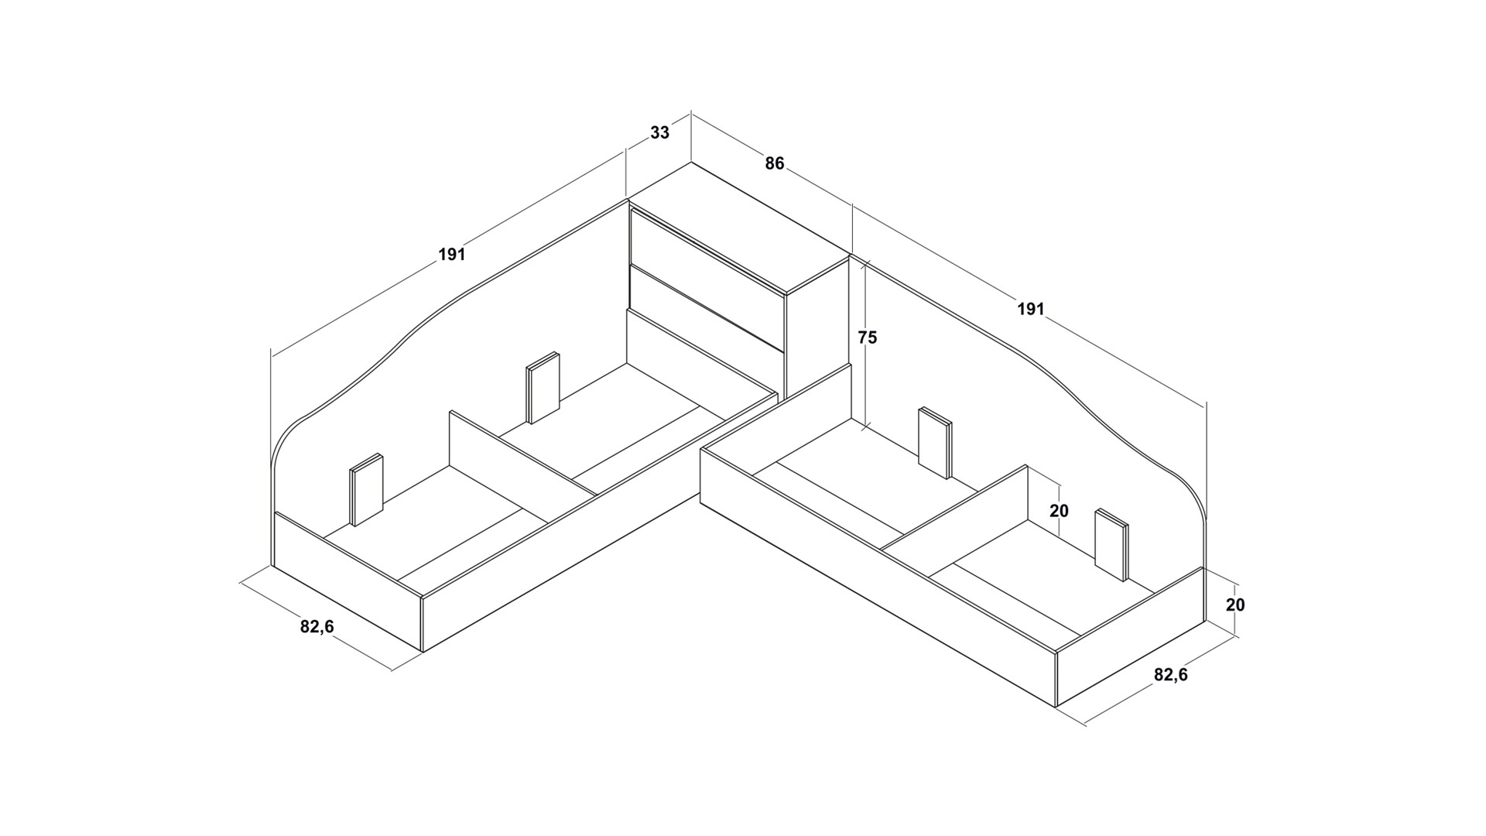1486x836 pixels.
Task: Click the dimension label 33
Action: point(659,133)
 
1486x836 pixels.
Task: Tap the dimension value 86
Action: point(774,163)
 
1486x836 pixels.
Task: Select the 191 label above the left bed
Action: point(452,255)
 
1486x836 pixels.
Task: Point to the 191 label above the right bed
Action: point(1031,310)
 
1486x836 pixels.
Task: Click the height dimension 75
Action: point(868,337)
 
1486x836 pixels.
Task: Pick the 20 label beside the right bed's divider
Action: point(1059,511)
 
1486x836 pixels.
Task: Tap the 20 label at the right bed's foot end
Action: point(1235,605)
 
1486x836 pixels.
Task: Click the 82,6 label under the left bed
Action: point(317,627)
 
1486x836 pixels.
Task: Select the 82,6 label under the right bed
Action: point(1171,675)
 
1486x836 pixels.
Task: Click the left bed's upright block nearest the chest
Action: point(543,388)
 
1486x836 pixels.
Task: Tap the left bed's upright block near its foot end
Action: point(367,490)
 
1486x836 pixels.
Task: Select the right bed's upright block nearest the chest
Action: point(935,443)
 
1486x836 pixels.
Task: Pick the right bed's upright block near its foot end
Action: point(1111,545)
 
